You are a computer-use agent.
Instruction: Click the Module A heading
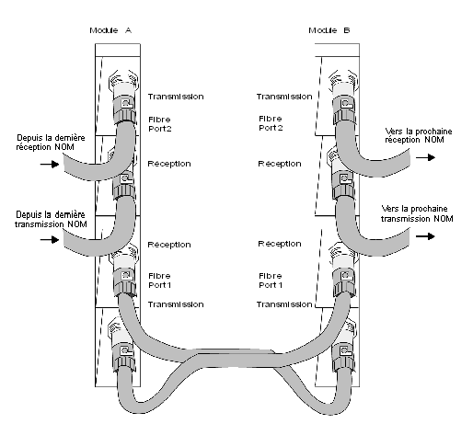coord(110,30)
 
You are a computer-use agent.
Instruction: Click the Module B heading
coord(329,30)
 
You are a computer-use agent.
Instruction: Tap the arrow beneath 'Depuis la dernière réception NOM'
coord(50,165)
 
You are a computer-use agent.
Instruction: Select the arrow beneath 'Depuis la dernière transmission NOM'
coord(50,239)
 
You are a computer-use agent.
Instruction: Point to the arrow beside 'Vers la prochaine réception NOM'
coord(426,157)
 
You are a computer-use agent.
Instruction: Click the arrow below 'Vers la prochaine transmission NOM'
coord(426,236)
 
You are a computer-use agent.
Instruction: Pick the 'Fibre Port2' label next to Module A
coord(160,124)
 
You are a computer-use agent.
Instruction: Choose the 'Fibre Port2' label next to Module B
coord(271,123)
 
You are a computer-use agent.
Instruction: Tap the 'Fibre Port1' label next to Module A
coord(160,281)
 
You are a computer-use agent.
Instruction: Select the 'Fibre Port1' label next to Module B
coord(271,281)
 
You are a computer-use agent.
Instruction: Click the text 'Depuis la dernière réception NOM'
coord(51,143)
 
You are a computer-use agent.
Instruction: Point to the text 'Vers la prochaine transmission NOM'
coord(417,213)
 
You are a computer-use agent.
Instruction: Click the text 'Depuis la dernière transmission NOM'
coord(51,219)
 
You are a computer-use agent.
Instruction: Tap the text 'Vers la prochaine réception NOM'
coord(419,135)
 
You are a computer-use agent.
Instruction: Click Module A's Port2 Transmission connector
coord(123,97)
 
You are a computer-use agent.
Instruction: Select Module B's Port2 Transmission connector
coord(343,97)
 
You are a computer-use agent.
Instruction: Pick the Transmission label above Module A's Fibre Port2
coord(176,97)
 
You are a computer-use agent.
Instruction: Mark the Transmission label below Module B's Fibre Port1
coord(284,304)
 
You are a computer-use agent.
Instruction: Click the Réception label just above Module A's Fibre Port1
coord(169,245)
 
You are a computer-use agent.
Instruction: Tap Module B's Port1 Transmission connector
coord(343,269)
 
